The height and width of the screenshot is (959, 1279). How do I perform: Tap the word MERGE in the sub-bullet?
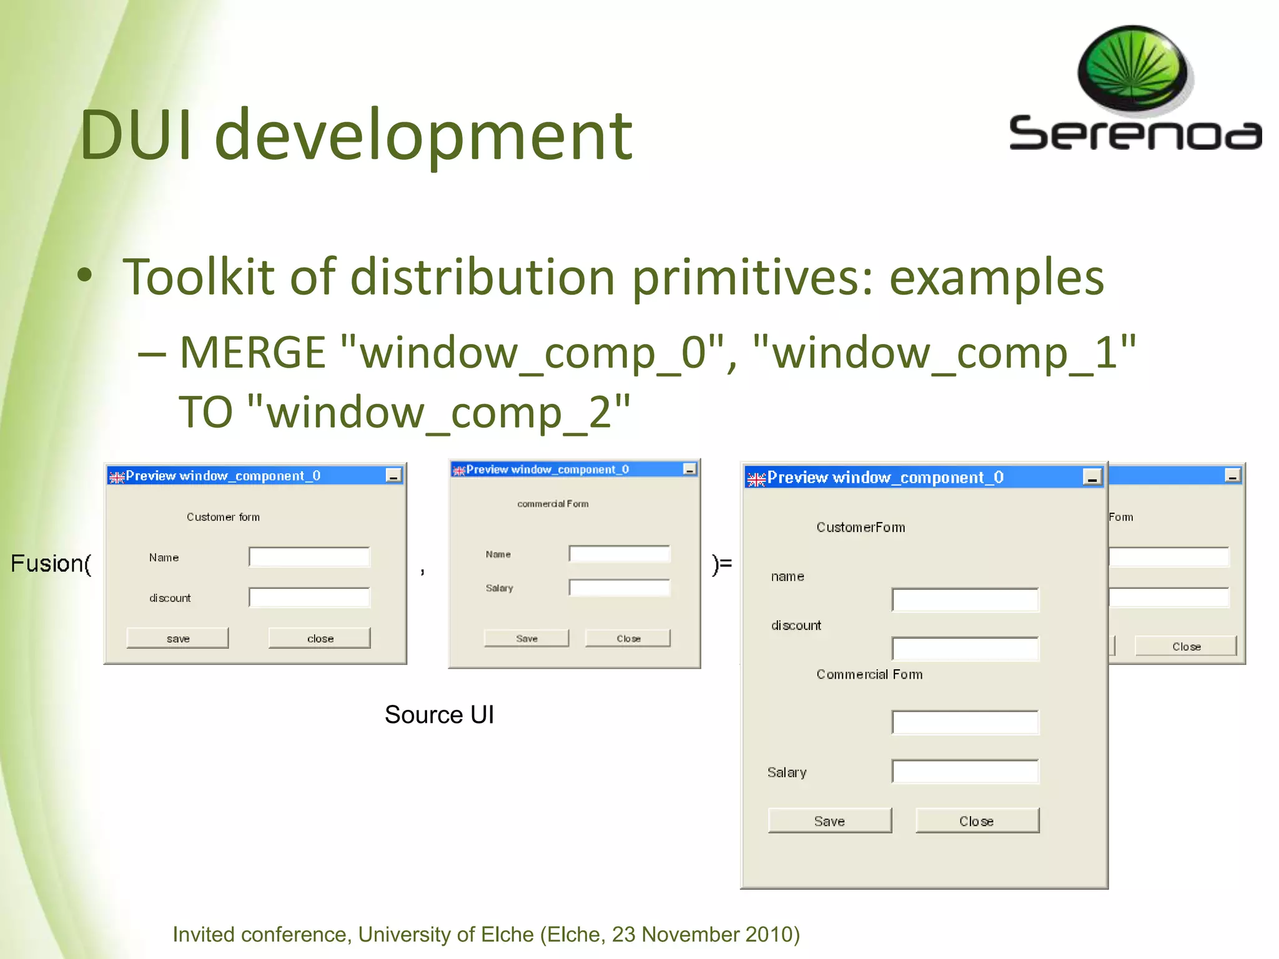tap(252, 353)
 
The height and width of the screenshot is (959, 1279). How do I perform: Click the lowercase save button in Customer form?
tap(177, 638)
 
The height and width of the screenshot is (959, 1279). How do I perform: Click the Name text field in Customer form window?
tap(309, 557)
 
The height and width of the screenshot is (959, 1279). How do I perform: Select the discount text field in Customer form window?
tap(309, 598)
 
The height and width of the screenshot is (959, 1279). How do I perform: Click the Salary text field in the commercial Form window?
tap(619, 588)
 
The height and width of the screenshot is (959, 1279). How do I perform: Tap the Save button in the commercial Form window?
tap(526, 638)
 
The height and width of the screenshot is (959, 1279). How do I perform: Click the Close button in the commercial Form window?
tap(628, 638)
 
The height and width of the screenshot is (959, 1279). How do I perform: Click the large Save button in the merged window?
tap(829, 821)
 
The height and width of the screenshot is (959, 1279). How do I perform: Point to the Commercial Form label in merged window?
tap(869, 674)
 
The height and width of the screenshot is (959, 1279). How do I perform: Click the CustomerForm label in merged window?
tap(860, 527)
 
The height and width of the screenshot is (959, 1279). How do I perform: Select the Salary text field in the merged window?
tap(965, 772)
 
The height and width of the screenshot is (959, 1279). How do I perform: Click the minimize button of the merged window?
tap(1092, 478)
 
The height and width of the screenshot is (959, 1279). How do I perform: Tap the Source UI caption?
tap(439, 715)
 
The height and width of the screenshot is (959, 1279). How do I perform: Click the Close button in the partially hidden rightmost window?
tap(1185, 646)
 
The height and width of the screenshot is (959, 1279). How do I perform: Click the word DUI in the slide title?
tap(136, 135)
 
